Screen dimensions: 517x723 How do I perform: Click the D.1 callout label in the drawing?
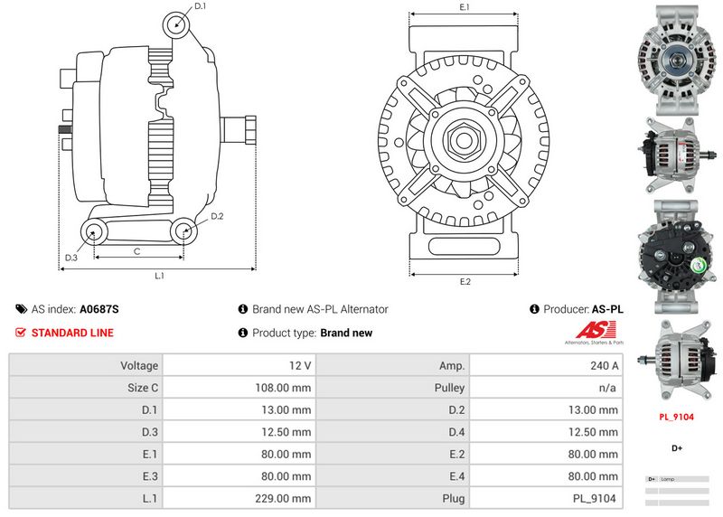click(x=200, y=6)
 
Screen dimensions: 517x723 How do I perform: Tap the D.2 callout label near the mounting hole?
click(x=217, y=216)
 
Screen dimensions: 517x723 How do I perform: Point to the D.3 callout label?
click(x=70, y=258)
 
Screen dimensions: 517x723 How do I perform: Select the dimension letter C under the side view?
click(x=136, y=251)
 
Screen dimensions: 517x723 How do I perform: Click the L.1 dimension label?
click(x=159, y=275)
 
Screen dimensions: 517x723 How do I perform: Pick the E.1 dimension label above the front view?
click(x=465, y=7)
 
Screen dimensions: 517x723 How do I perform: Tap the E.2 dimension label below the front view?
click(x=465, y=282)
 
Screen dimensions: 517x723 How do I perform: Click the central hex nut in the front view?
click(x=465, y=140)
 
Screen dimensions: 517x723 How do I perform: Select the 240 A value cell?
click(x=603, y=366)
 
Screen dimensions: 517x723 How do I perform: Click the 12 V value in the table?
click(x=301, y=366)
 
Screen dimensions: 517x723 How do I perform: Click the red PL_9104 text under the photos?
click(x=675, y=418)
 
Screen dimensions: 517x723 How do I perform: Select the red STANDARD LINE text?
click(x=72, y=333)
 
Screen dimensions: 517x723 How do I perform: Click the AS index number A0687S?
click(x=99, y=309)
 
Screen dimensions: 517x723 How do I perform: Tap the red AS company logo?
click(x=592, y=331)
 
